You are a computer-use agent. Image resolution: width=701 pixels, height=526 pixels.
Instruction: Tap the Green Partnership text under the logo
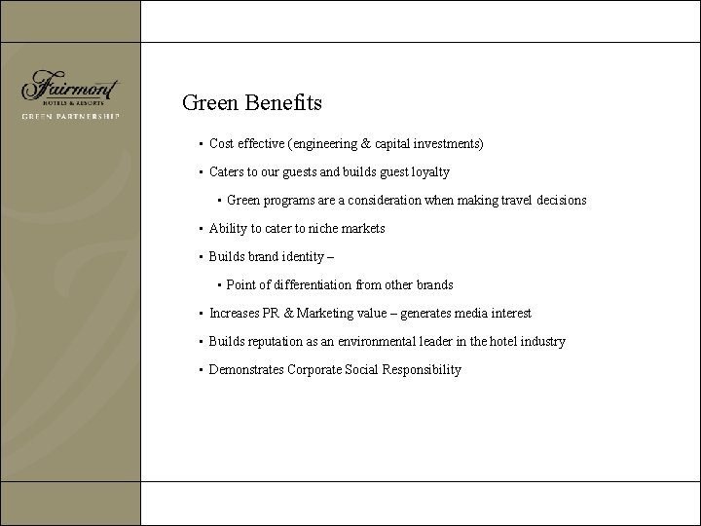[x=70, y=116]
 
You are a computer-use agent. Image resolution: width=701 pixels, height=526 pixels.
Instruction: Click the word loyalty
[x=428, y=172]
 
